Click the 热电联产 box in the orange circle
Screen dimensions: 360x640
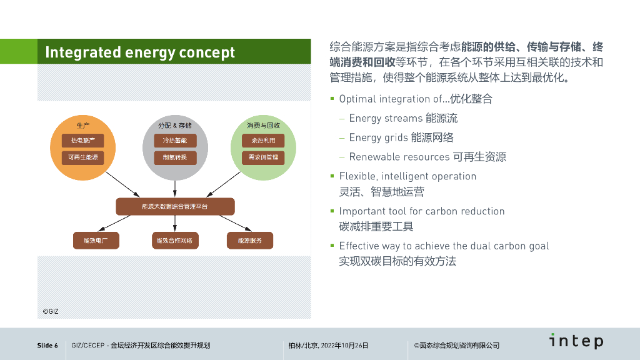coord(83,140)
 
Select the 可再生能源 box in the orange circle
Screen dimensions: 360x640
coord(83,157)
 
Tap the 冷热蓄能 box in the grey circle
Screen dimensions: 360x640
coord(175,140)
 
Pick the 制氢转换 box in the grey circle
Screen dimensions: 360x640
coord(175,157)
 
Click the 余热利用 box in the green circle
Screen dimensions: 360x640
coord(263,140)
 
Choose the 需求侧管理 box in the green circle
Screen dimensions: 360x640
coord(263,157)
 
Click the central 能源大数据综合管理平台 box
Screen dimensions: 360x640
coord(175,206)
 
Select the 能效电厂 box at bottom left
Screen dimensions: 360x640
coord(96,240)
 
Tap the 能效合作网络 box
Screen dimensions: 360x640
coord(175,240)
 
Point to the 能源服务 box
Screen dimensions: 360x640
coord(249,240)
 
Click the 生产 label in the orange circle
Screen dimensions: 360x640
coord(83,125)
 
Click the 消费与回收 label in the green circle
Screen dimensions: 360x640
coord(263,125)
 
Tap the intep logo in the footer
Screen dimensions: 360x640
coord(576,341)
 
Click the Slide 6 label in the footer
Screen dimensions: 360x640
coord(47,346)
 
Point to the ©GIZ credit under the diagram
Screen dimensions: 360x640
coord(50,311)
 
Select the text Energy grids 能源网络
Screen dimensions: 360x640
coord(401,137)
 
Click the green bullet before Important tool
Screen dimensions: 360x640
coord(332,211)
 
